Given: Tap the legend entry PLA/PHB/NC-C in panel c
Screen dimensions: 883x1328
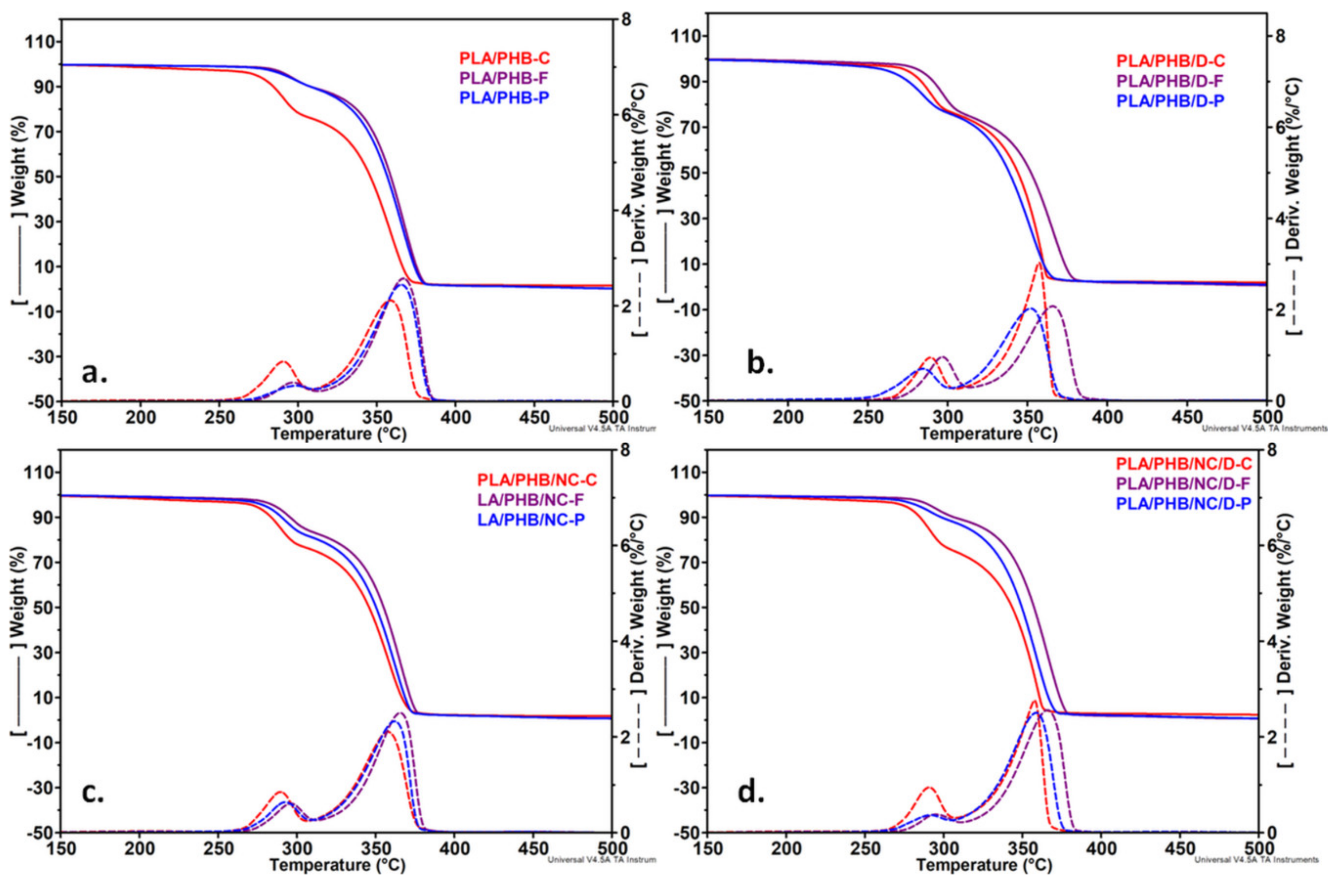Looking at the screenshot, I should tap(537, 480).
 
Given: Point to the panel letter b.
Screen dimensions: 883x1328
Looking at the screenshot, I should tap(759, 364).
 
